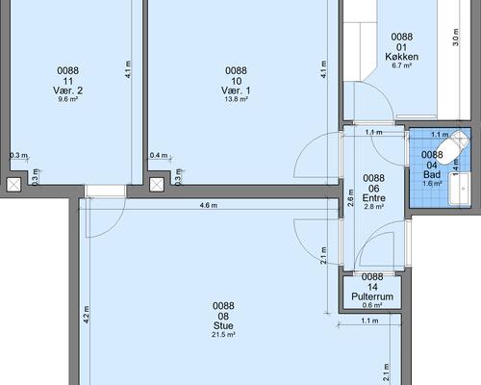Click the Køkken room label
coord(401,57)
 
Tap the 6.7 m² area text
coord(402,65)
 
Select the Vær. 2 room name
coord(67,90)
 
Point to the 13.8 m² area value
coord(236,99)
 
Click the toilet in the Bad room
coord(452,146)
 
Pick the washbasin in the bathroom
coord(459,189)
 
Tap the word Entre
coord(374,198)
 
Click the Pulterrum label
coord(372,296)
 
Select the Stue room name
coord(223,325)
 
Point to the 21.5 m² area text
coord(223,335)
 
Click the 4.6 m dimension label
coord(209,205)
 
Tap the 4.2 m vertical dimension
coord(87,314)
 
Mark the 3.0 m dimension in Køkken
coord(456,38)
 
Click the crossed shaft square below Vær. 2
coord(13,185)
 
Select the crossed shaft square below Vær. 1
coord(157,185)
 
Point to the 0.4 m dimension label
coord(159,155)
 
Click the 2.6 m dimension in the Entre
coord(351,197)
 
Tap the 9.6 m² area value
coord(67,99)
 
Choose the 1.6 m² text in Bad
coord(432,184)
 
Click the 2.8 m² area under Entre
coord(374,207)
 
